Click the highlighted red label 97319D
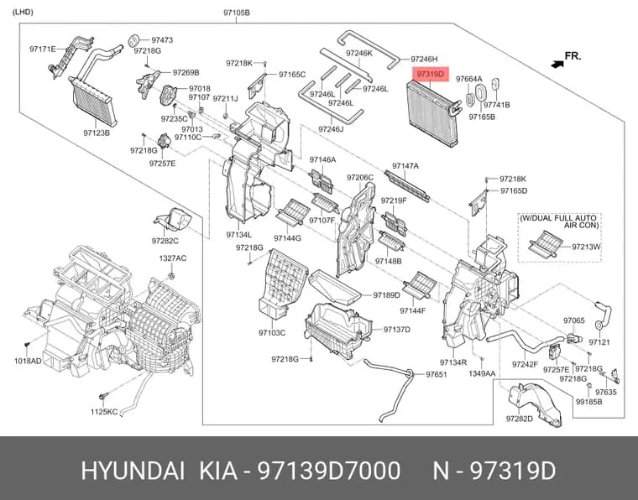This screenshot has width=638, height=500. tap(430, 75)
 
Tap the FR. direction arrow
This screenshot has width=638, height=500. tap(557, 64)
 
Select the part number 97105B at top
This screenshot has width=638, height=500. tap(237, 13)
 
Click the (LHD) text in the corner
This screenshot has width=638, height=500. tap(23, 12)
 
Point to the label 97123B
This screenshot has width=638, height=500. tap(97, 133)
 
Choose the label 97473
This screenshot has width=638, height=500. tap(162, 39)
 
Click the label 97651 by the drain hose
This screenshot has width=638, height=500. tap(437, 374)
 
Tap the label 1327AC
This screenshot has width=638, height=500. tap(173, 258)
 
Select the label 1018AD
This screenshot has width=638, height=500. tap(28, 361)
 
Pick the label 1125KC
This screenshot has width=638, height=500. tap(104, 412)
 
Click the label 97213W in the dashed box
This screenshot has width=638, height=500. tap(586, 247)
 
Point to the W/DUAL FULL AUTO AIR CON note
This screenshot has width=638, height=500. tap(559, 221)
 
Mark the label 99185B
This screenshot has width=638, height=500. tap(589, 402)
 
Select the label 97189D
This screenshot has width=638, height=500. tap(386, 295)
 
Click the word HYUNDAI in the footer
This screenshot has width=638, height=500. tap(133, 471)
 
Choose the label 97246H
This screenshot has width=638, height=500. tap(424, 59)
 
